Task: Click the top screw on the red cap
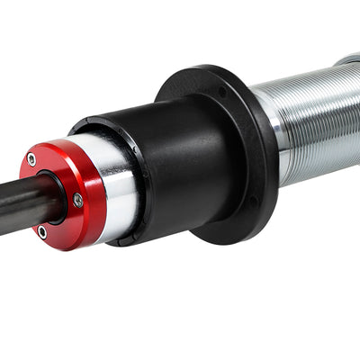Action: [32, 159]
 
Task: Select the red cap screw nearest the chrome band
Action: [78, 201]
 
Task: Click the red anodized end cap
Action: [54, 180]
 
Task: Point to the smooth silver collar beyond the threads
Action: [350, 61]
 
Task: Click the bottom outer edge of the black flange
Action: [225, 241]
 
